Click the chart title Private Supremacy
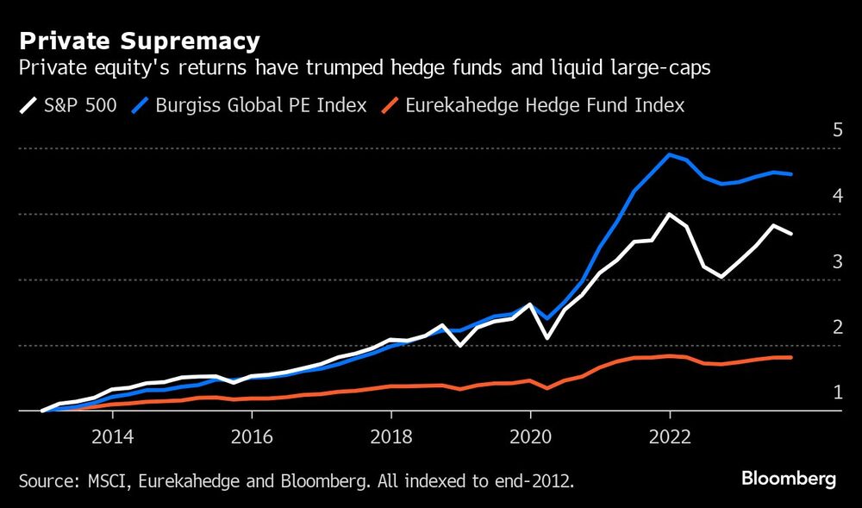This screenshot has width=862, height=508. coord(140,41)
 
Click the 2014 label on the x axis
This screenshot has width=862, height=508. coord(111,436)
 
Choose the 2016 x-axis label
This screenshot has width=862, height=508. coord(251,436)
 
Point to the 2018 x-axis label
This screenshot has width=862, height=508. coord(390,436)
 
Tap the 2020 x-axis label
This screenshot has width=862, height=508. coord(530,436)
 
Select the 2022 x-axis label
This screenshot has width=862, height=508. coord(670,436)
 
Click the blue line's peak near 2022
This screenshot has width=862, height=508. coord(669,155)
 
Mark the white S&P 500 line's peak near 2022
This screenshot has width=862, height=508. coord(669,214)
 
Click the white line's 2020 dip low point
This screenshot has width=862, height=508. coord(547,338)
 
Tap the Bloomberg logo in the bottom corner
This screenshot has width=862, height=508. coord(790,480)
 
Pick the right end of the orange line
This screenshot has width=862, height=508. coord(790,357)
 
